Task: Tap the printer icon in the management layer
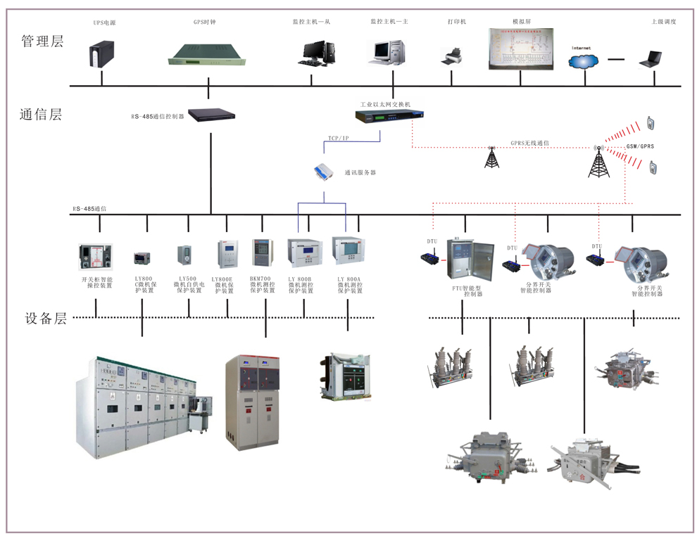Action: [x=451, y=56]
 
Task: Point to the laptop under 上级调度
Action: [x=650, y=60]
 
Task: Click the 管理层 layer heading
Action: [x=42, y=42]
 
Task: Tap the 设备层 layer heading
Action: [x=42, y=319]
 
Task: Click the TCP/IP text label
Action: [x=338, y=139]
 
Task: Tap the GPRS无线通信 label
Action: [x=529, y=143]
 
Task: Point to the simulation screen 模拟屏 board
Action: [x=521, y=49]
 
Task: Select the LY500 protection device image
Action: [x=184, y=255]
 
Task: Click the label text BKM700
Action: [x=260, y=279]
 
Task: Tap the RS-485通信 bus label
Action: [x=89, y=209]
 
